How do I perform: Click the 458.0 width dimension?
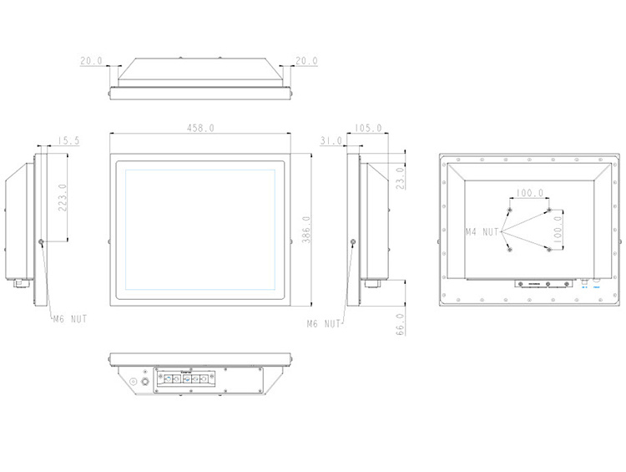pos(201,128)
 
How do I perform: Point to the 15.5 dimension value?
pos(68,141)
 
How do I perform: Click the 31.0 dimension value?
pos(331,141)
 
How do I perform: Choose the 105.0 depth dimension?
pos(368,128)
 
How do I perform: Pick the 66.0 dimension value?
pos(400,323)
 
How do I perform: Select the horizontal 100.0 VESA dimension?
pos(528,193)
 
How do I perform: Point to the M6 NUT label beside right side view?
pos(324,322)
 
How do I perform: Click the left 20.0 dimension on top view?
pos(91,61)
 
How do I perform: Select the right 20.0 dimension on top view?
pos(305,61)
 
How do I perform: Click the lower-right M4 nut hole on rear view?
pos(548,249)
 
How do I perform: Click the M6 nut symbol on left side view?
pos(42,243)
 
